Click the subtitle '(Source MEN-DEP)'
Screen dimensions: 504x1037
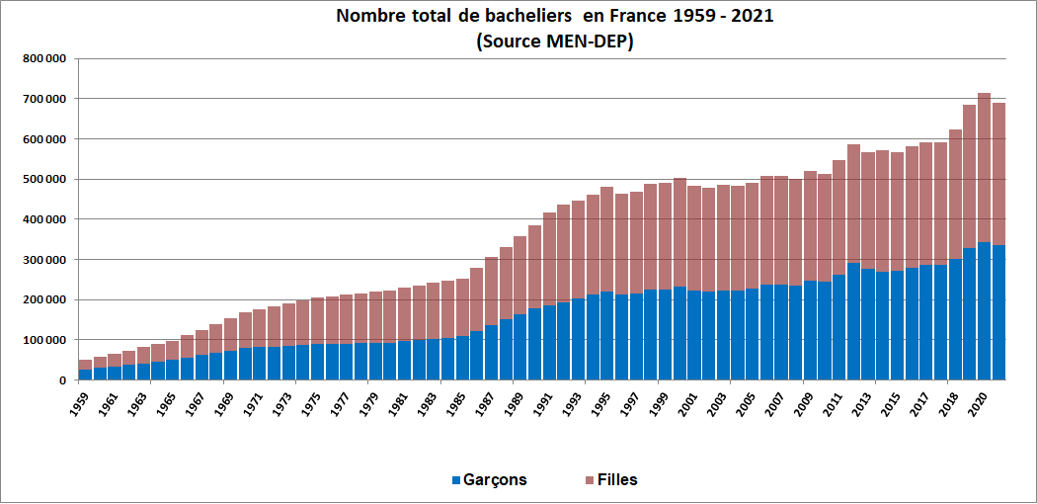(554, 42)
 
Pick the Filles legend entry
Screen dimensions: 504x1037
(617, 480)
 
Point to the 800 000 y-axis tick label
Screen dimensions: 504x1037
(44, 59)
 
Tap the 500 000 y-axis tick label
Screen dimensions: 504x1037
(44, 179)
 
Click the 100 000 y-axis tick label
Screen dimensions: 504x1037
(44, 340)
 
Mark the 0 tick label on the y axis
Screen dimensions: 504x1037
(62, 379)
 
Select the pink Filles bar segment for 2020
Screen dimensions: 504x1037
(984, 168)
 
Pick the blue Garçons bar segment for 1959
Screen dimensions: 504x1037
(85, 375)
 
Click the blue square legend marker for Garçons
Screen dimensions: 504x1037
(456, 480)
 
